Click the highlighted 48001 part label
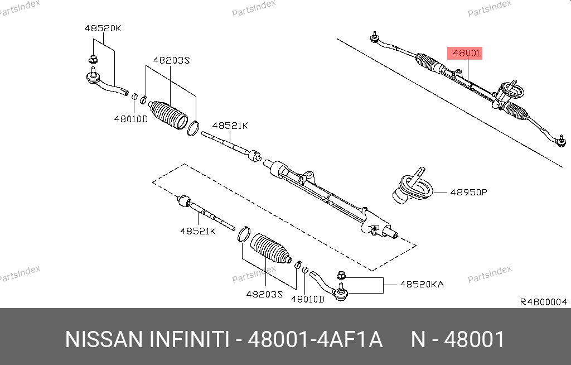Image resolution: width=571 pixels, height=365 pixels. pos(466,54)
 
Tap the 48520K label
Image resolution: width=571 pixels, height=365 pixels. pos(103,28)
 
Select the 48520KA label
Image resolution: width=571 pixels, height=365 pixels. pos(422,285)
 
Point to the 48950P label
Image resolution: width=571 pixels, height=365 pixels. pos(468,192)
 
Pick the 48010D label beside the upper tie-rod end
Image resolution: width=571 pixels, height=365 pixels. pos(130,118)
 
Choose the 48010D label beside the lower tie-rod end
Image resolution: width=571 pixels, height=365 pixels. pos(307,299)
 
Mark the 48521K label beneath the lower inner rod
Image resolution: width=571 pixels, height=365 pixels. pos(197,230)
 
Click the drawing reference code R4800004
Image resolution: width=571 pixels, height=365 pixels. pos(543,302)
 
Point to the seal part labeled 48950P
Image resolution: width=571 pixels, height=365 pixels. pos(413,189)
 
